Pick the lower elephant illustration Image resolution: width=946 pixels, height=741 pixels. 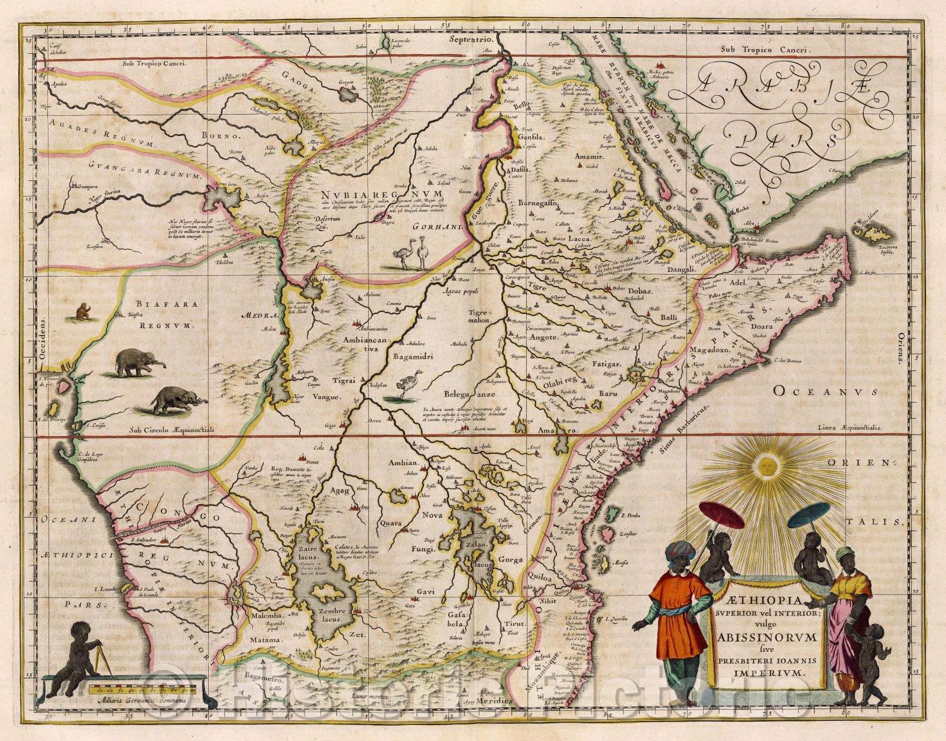pyautogui.click(x=176, y=400)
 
